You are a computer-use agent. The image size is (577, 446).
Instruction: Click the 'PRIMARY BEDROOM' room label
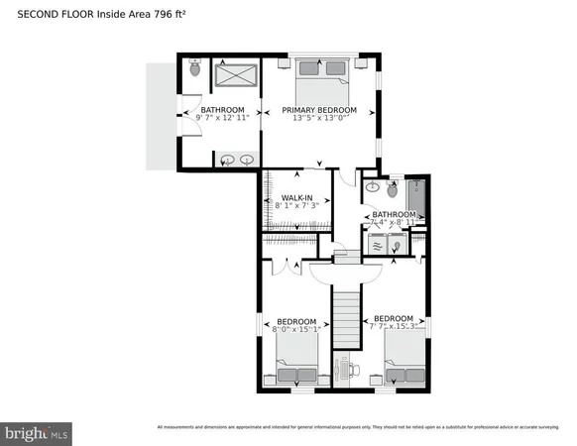(318, 109)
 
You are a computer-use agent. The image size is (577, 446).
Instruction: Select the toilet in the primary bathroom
(194, 69)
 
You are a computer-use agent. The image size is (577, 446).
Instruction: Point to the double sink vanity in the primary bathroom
(237, 159)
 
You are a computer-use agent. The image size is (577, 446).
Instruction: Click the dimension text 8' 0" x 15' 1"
(296, 332)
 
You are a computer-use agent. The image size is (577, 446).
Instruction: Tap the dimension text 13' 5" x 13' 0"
(318, 119)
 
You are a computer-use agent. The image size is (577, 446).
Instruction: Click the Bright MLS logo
(38, 432)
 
